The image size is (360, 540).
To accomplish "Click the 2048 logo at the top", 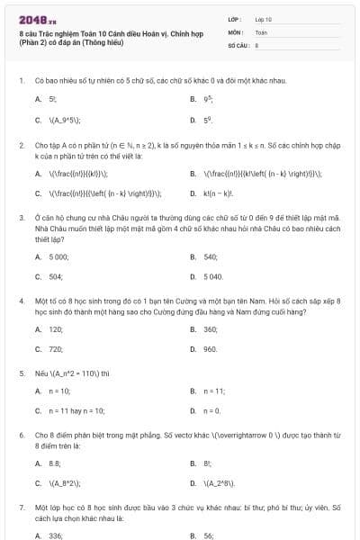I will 31,18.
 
